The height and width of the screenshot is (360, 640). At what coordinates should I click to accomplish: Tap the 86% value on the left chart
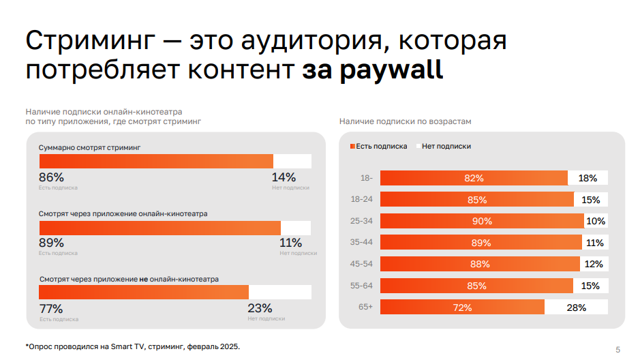coord(51,177)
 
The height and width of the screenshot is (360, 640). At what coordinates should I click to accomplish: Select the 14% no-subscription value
coord(284,177)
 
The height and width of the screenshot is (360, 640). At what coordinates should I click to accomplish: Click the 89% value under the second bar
coord(51,243)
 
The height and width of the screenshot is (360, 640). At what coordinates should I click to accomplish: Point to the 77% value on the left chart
coord(51,308)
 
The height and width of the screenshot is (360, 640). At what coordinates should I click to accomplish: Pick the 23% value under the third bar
coord(260,308)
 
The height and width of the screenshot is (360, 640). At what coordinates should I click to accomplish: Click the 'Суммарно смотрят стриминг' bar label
coord(89,147)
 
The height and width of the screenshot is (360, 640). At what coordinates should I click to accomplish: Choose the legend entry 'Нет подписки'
coord(446,147)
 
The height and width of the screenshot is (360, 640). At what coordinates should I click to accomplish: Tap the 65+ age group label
coord(366,307)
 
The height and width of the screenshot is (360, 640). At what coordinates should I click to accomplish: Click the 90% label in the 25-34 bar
coord(482,222)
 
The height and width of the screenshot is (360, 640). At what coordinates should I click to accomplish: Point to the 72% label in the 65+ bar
coord(462,307)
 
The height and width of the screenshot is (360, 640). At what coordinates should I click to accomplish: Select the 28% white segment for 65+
coord(576,307)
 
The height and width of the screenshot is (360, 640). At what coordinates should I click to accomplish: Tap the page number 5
coord(618,350)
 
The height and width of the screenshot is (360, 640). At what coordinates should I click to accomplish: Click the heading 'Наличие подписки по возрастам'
coord(405,121)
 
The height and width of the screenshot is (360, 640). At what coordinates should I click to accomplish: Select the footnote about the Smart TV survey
coord(133,346)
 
